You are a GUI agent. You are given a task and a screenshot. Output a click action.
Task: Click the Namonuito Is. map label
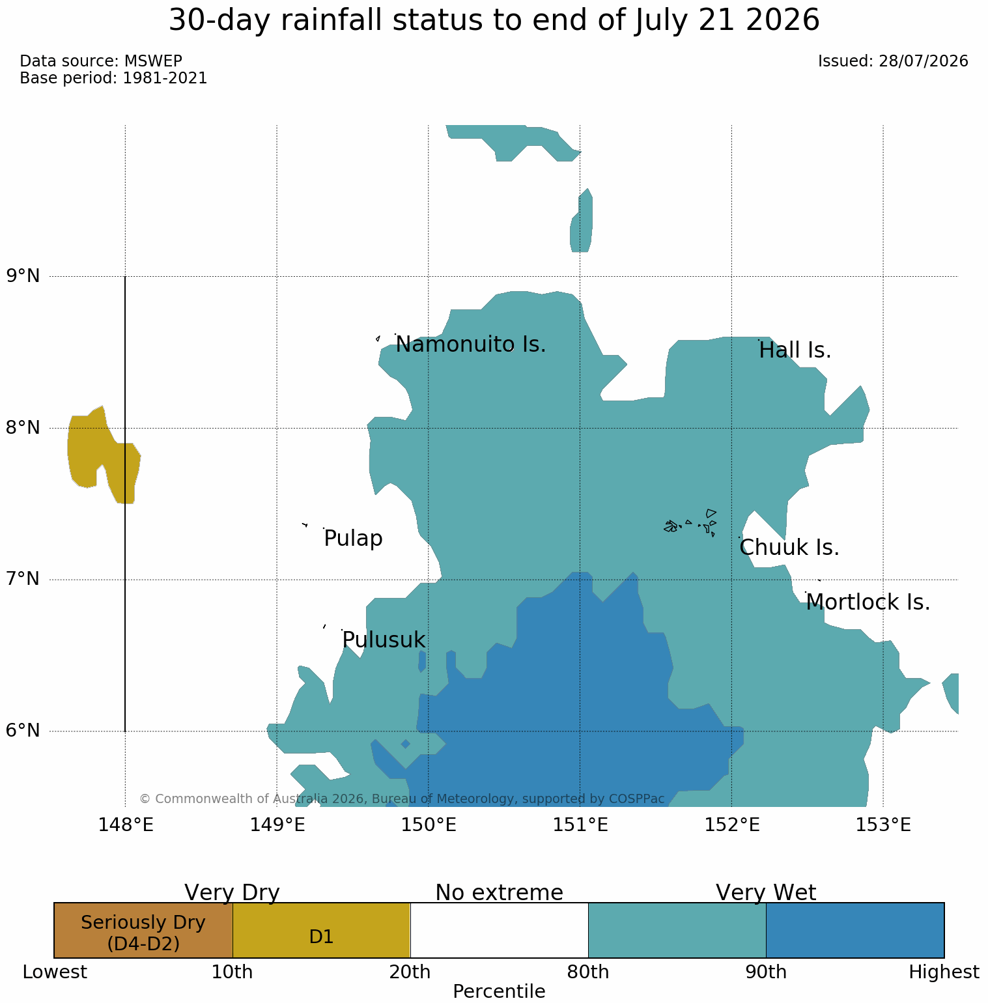coord(470,344)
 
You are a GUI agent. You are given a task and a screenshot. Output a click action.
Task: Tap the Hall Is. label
coord(795,350)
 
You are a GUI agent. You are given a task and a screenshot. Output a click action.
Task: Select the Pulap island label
coord(353,539)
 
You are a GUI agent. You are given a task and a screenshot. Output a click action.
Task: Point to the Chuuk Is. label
coord(789,547)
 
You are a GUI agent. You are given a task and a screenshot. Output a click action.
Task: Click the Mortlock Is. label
coord(868,602)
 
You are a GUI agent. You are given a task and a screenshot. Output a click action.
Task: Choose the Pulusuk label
coord(384,640)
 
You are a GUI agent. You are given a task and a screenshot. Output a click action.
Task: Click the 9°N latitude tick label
coord(23,276)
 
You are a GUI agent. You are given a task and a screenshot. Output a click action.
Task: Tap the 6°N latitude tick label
coord(23,731)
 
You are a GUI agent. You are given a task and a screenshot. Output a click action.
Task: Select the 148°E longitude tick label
coord(126,825)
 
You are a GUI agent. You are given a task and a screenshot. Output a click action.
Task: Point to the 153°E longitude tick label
coord(883,825)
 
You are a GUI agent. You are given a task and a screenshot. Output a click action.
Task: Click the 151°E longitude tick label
coord(580,825)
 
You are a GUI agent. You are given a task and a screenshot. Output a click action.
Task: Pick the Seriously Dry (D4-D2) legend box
coord(143,930)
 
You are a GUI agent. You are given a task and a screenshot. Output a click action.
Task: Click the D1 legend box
coord(321,930)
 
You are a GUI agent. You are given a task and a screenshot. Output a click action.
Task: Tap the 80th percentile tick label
coord(588,972)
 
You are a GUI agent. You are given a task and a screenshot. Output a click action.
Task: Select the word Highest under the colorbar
coord(944,972)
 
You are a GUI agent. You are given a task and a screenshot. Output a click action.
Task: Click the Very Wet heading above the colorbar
coord(766,892)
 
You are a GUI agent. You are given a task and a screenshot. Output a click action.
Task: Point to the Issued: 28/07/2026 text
coord(893,61)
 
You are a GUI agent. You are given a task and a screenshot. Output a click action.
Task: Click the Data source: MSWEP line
coord(101,61)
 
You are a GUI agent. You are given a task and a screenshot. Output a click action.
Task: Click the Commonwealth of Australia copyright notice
coord(402,798)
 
